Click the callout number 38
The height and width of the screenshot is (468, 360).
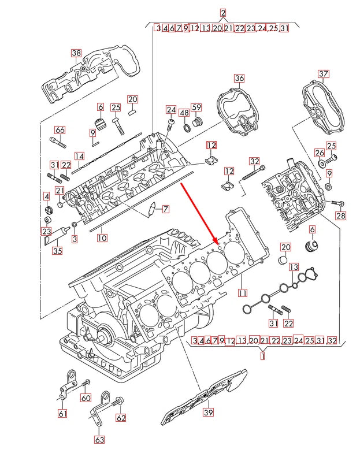click(x=77, y=53)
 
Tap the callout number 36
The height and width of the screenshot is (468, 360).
click(x=239, y=78)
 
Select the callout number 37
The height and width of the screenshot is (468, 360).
click(x=324, y=73)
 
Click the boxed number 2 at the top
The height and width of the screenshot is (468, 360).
click(x=223, y=13)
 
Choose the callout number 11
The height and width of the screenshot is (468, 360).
click(x=243, y=292)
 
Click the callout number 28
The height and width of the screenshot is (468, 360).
click(x=340, y=216)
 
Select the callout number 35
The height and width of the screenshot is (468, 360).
click(x=57, y=251)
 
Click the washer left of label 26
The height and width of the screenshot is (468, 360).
click(x=322, y=164)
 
